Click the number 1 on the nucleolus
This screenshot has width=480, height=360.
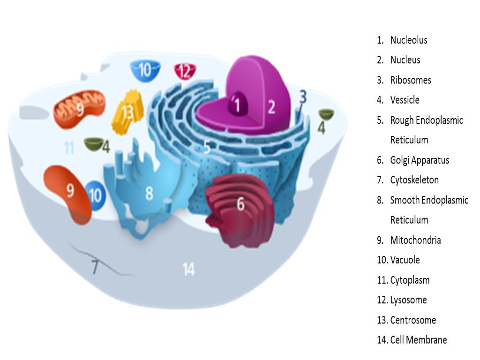coord(238,105)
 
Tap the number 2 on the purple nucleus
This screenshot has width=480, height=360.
coord(271,108)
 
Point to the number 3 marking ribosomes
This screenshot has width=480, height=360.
coord(303,97)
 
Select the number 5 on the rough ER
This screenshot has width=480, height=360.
coord(207,148)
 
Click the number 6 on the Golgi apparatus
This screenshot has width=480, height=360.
coord(240,204)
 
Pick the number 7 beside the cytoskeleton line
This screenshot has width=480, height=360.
coord(95,267)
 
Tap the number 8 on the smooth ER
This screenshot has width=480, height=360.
coord(149,193)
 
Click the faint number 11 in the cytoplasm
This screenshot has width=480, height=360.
coord(69,148)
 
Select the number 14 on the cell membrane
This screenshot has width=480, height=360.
coord(188,270)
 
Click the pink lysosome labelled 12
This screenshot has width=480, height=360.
coord(185,71)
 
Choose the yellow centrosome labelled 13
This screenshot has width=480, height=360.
coord(127,112)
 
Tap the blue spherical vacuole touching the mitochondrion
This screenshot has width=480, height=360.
coord(95,195)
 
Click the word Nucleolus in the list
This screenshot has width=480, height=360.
coord(408,40)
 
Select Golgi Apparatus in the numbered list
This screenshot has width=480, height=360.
coord(419,160)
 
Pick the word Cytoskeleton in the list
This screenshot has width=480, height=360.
coord(414,180)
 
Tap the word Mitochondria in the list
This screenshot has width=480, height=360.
coord(415,240)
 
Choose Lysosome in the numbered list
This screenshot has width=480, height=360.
coord(408,300)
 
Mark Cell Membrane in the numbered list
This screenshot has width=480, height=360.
coord(418,340)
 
